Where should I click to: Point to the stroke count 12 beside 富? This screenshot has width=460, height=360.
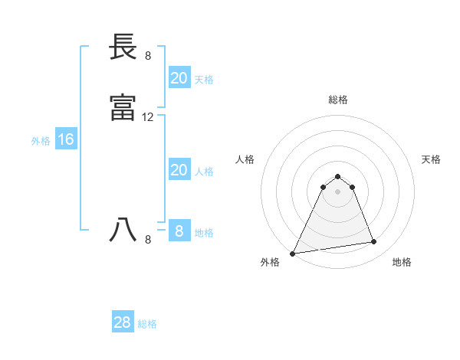148,117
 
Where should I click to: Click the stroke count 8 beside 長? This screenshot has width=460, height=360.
148,55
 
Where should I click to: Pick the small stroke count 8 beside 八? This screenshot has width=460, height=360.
148,240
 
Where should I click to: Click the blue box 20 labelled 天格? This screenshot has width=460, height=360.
179,78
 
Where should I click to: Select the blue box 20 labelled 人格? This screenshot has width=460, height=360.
179,170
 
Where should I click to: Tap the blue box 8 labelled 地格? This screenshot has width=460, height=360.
179,231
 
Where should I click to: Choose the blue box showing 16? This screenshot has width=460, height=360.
65,139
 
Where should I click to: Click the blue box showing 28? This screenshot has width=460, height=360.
122,322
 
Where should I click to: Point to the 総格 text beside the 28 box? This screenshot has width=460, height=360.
147,324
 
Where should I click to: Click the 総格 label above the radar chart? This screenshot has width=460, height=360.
337,100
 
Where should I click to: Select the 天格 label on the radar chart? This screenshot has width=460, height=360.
431,159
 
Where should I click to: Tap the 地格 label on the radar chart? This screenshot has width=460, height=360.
402,262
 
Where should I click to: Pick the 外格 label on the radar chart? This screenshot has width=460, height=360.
270,262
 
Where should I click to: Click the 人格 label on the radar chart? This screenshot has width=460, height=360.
245,159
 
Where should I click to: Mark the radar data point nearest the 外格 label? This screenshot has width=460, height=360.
293,253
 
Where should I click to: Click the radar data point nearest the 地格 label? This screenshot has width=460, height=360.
374,242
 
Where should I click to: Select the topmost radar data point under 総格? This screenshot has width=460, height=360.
337,176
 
